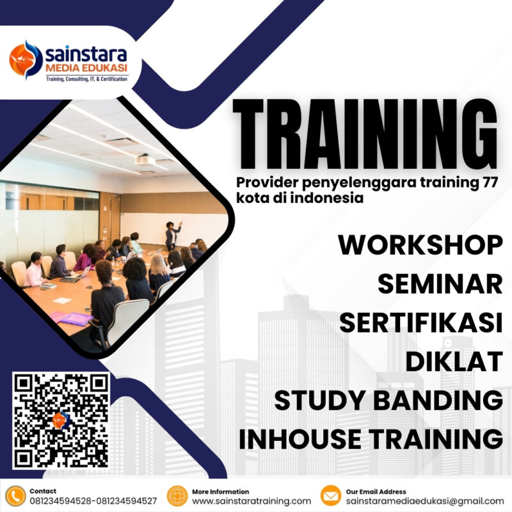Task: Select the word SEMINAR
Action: coord(440,284)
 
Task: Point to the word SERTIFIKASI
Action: coord(420,323)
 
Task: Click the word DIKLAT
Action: coord(453,361)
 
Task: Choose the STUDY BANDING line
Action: coord(388,400)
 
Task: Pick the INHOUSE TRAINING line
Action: coord(370,438)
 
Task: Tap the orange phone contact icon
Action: coord(14,496)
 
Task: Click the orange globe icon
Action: coord(177,496)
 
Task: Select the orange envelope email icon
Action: coord(330,496)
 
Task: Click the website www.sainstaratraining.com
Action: coord(252,501)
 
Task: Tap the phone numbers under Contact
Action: coord(93,501)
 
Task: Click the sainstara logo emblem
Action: coord(25,60)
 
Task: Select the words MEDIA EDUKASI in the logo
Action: coord(86,68)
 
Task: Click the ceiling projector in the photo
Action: coord(145,160)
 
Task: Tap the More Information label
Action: coord(221,491)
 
